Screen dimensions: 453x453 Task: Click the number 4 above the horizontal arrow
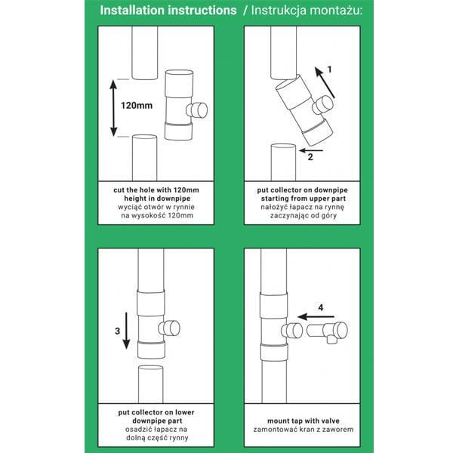320,307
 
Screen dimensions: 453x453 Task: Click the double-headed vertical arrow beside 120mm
113,106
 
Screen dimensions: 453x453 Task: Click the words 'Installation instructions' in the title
168,11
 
